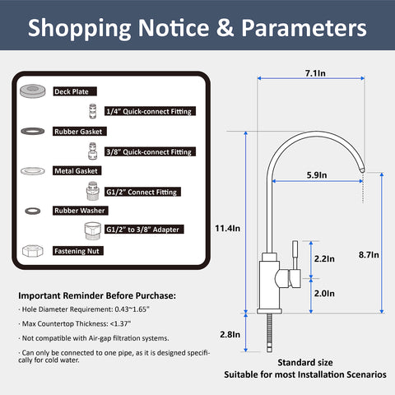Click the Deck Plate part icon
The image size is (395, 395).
click(x=33, y=91)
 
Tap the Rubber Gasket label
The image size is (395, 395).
click(x=80, y=132)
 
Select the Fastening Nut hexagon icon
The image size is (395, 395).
click(x=33, y=251)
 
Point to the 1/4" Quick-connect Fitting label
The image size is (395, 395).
click(x=150, y=111)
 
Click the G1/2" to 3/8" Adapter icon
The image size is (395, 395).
click(x=93, y=230)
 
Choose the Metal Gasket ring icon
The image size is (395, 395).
click(x=33, y=171)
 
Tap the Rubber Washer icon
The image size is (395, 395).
click(x=33, y=211)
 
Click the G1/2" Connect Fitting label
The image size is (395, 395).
click(x=142, y=192)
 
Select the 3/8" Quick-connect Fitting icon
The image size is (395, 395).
click(x=93, y=151)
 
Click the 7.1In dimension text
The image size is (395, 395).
click(x=315, y=73)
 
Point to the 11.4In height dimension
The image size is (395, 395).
click(x=227, y=228)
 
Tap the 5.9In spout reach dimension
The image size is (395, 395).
click(x=317, y=175)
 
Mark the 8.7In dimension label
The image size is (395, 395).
click(x=369, y=254)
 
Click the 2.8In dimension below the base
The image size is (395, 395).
click(x=230, y=334)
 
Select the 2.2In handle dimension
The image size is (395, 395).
click(x=324, y=258)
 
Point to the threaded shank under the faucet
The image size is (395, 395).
click(x=269, y=332)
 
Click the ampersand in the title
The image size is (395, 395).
click(x=225, y=27)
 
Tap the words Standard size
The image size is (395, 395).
click(x=305, y=362)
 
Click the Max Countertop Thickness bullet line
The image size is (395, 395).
click(x=75, y=323)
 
